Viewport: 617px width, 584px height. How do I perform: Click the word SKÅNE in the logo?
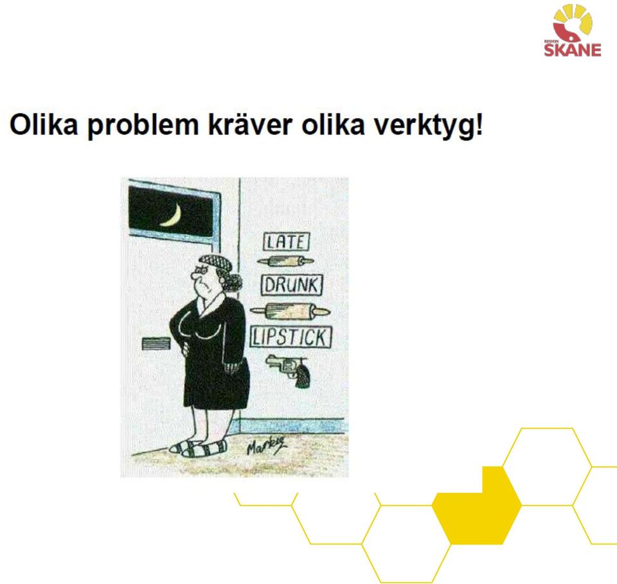click(573, 50)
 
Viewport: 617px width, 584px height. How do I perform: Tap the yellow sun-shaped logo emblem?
click(573, 24)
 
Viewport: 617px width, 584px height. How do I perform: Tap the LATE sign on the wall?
click(286, 242)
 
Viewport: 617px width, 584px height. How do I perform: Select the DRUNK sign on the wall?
click(292, 285)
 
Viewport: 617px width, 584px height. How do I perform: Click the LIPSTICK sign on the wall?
click(291, 337)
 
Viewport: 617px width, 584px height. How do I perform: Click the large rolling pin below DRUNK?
click(290, 312)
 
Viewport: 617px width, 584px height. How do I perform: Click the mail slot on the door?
click(156, 343)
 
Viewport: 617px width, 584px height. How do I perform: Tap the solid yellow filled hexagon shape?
click(477, 506)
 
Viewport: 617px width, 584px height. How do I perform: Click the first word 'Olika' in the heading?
click(44, 125)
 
